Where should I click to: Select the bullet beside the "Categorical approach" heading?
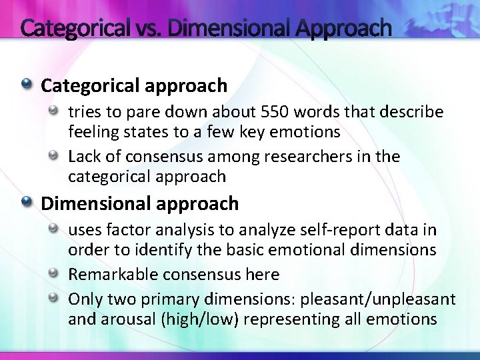click(x=26, y=85)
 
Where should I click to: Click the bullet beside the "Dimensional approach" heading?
click(x=26, y=202)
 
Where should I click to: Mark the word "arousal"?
click(x=127, y=319)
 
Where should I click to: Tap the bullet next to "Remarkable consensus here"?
click(x=57, y=273)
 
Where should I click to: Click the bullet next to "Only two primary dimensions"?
click(x=57, y=297)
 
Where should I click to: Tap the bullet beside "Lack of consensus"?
click(x=57, y=156)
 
